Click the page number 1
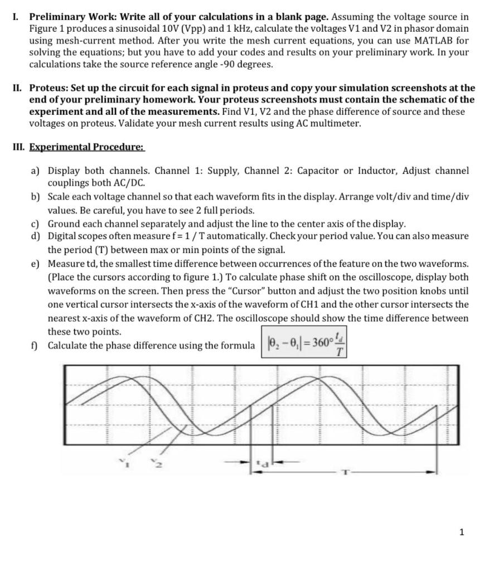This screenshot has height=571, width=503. coord(461,532)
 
